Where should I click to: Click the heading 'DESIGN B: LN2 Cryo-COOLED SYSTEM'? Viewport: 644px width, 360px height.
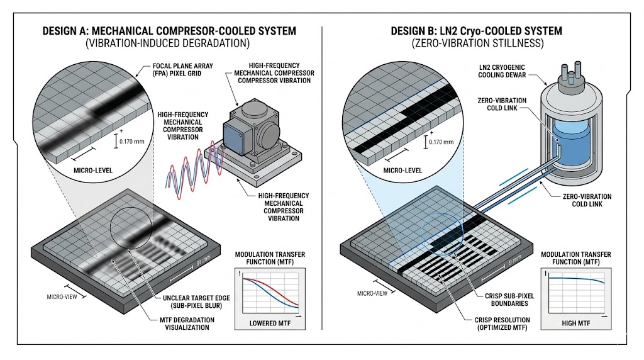pyautogui.click(x=476, y=31)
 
